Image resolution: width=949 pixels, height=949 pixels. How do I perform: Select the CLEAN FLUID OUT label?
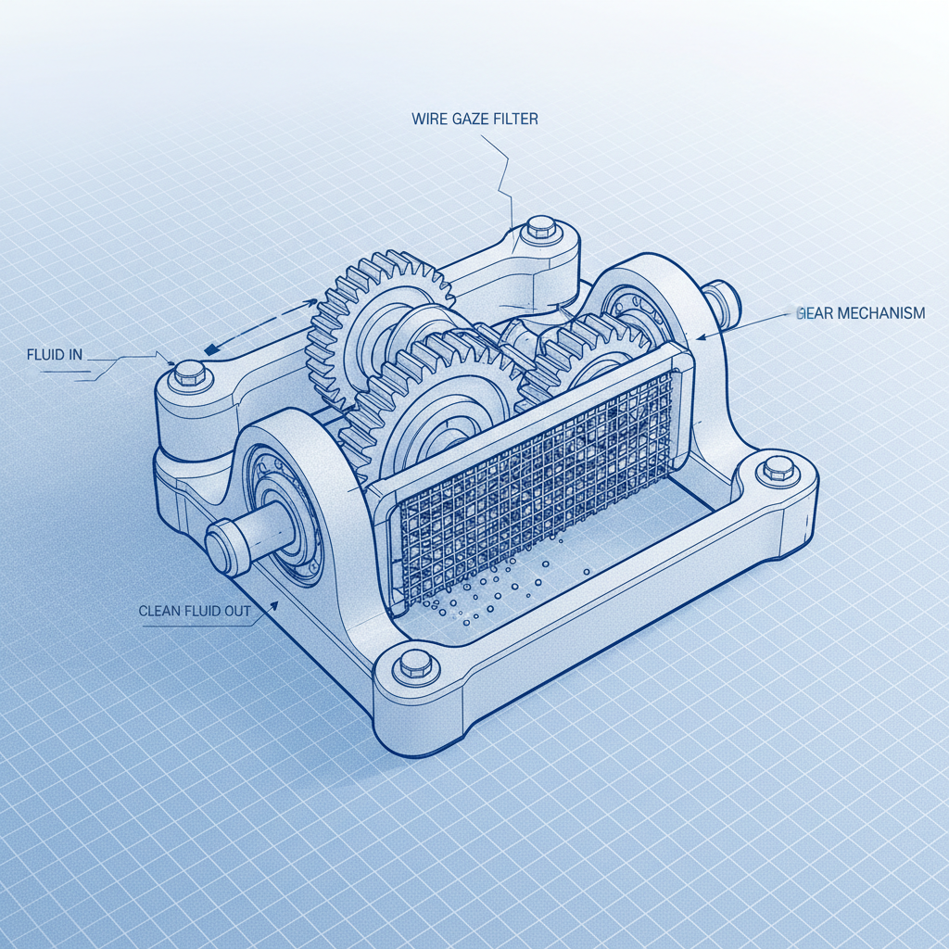[194, 611]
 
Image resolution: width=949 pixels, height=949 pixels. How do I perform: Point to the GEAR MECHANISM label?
[860, 313]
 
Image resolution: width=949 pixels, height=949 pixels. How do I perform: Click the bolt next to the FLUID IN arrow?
[189, 373]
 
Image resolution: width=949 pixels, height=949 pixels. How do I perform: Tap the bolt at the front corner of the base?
[411, 664]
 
